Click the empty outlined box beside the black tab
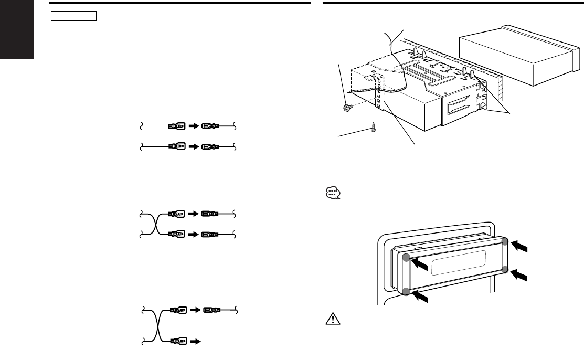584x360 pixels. (x=74, y=15)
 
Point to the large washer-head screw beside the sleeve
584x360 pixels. (x=346, y=109)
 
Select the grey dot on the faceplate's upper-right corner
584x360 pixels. (x=505, y=241)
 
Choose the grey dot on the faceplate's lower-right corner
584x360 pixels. (x=505, y=270)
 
